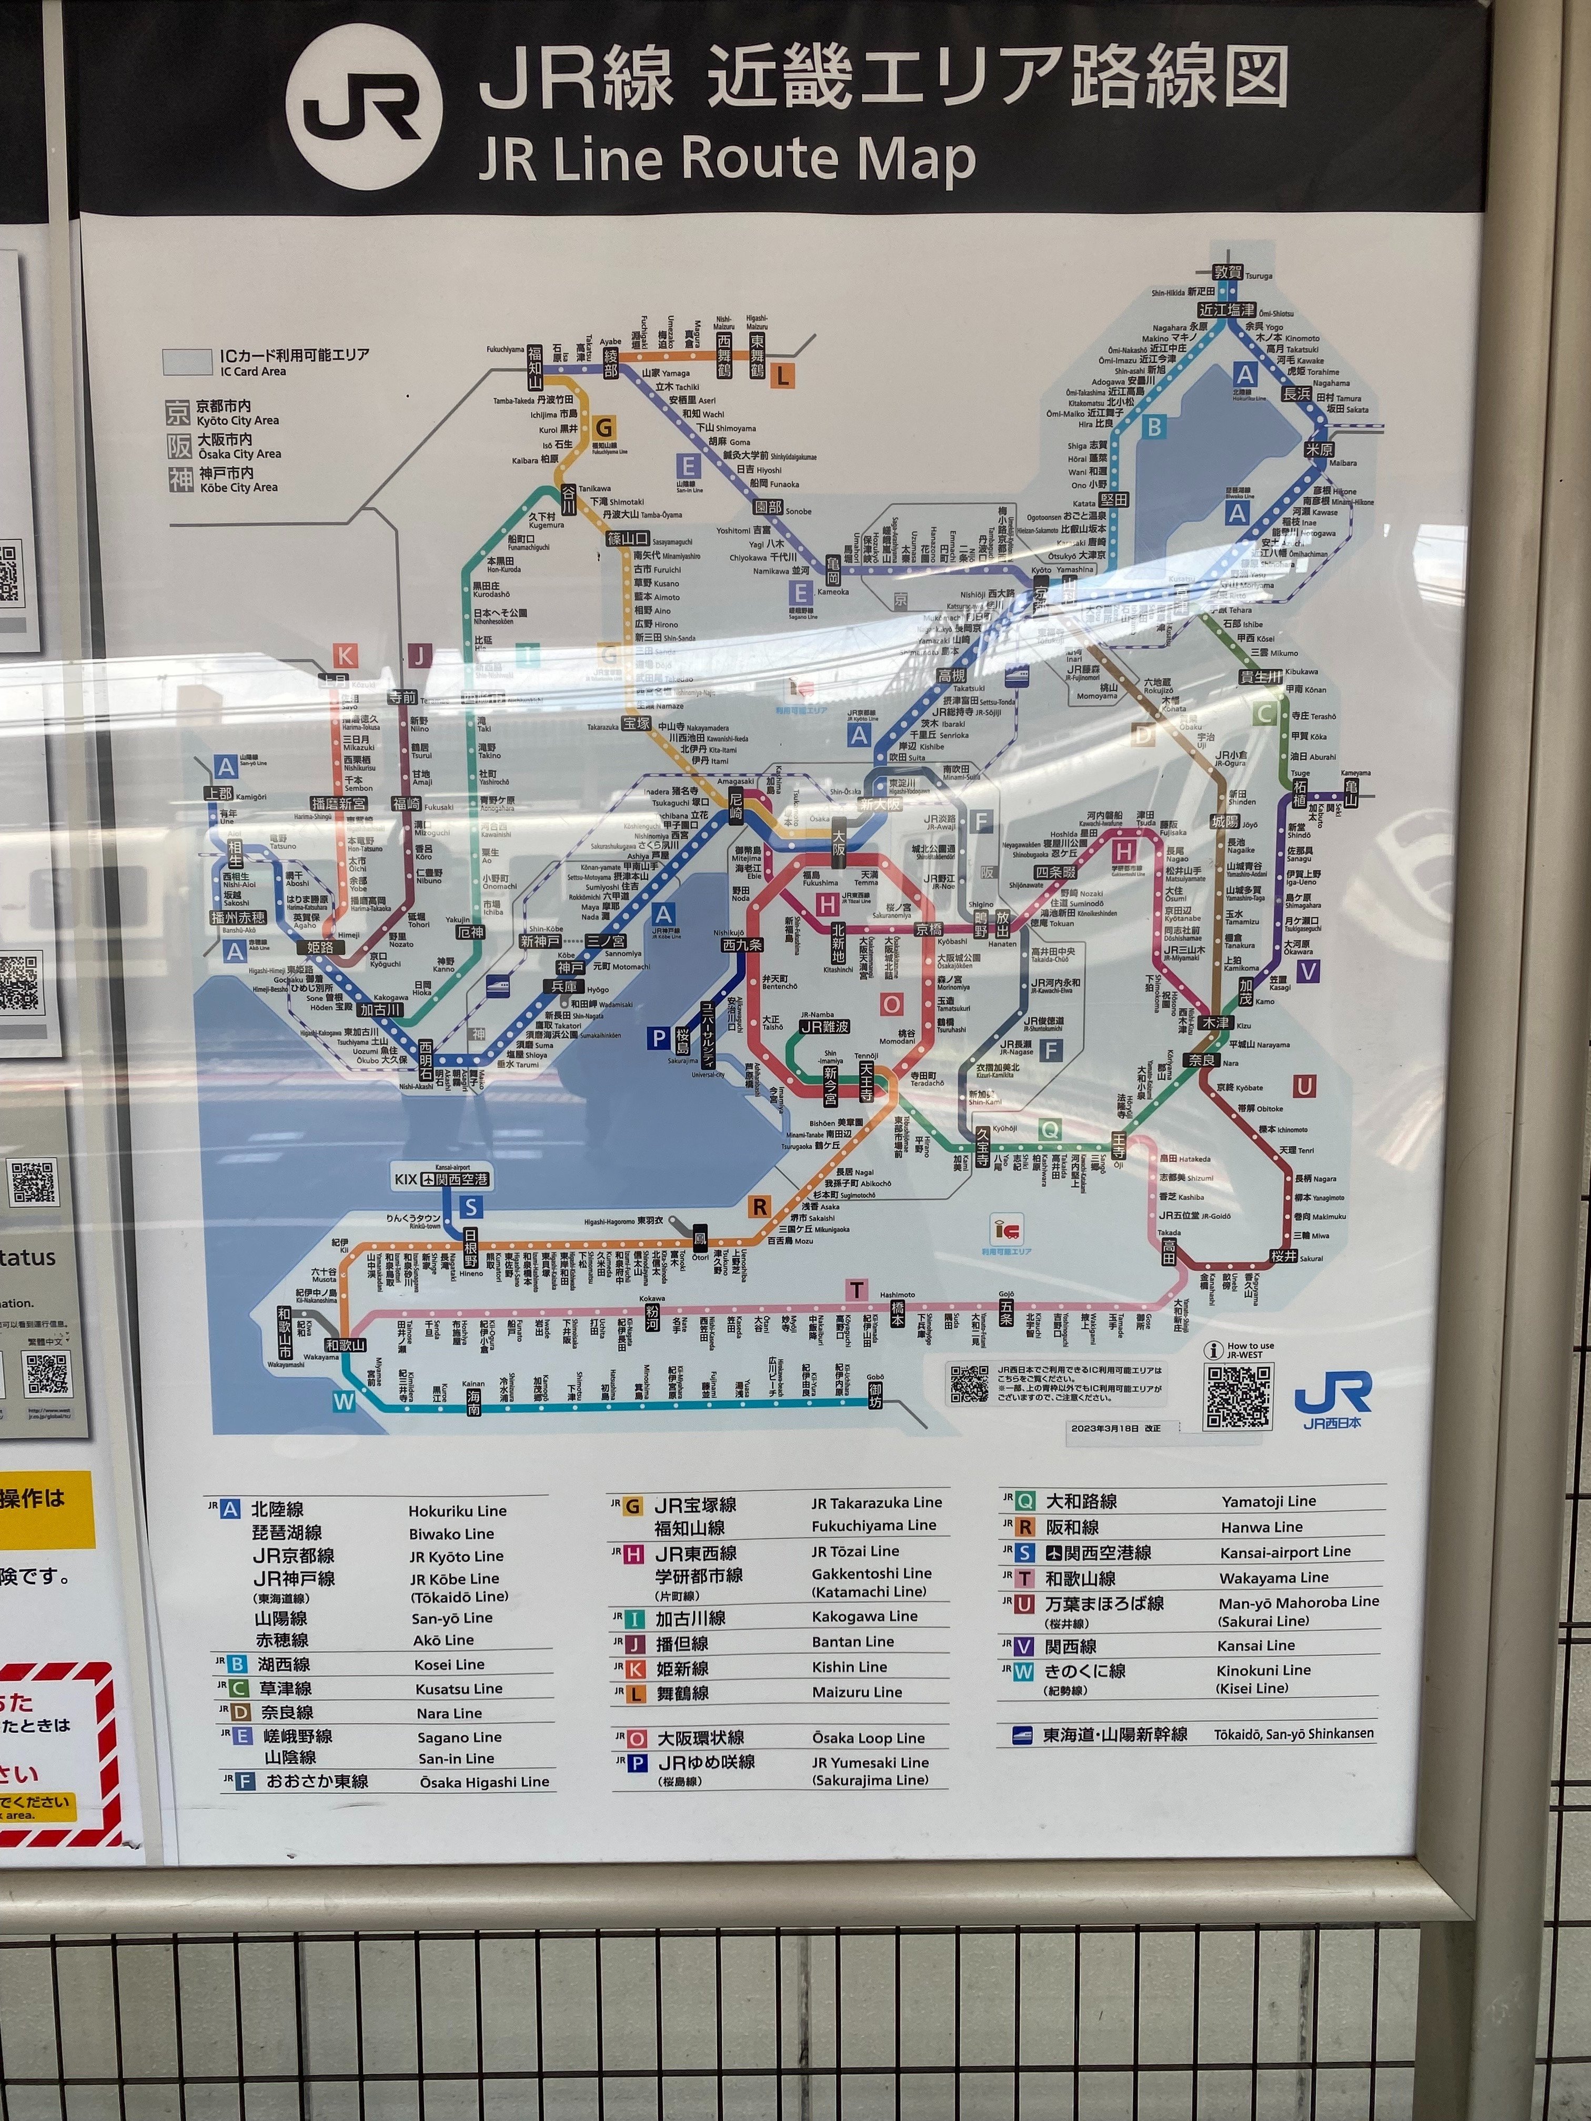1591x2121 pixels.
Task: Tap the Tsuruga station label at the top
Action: (1227, 273)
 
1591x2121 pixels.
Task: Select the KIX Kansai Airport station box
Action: (442, 1179)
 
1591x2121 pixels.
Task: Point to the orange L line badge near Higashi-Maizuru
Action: (782, 377)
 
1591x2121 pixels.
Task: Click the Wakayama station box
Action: (345, 1345)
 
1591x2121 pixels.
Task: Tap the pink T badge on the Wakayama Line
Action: (857, 1290)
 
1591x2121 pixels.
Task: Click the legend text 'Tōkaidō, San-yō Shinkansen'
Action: (1293, 1734)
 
